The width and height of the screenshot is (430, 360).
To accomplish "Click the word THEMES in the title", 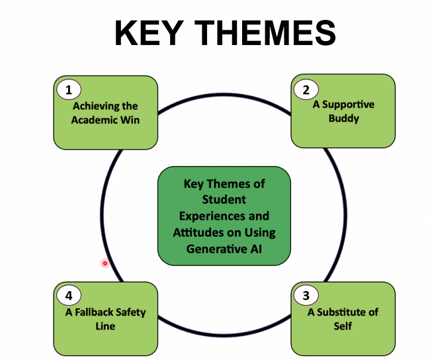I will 265,34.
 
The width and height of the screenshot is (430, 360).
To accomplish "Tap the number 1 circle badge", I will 68,89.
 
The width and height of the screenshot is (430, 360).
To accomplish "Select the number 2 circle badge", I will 306,89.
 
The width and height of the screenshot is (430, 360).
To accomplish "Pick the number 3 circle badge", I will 306,296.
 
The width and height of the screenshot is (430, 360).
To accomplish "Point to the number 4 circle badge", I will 68,296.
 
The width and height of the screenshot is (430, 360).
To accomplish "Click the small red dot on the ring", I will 105,263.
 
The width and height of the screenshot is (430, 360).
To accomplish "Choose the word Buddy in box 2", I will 343,118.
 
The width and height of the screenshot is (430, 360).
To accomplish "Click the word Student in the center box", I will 224,199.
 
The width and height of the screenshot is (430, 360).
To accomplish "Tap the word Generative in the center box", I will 214,249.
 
